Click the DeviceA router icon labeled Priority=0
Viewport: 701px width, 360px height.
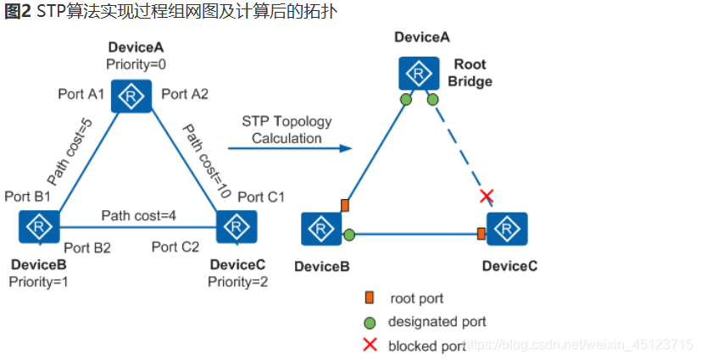point(131,96)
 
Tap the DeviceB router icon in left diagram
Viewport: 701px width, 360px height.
point(39,227)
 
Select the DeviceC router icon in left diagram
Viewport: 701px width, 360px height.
point(236,227)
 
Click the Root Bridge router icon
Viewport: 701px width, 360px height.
point(419,73)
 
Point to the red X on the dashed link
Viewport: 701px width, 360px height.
point(487,196)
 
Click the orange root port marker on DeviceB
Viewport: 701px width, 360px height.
point(345,206)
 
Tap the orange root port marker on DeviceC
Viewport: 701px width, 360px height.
point(481,233)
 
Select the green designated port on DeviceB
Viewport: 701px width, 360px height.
point(349,235)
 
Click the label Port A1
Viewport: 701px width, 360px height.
point(81,94)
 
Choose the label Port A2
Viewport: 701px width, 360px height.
point(185,94)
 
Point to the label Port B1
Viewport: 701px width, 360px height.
point(28,197)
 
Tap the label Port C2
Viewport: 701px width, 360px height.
point(175,247)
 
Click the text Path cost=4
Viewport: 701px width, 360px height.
point(139,216)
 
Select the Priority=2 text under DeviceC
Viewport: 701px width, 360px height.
point(238,282)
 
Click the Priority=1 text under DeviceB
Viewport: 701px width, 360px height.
point(38,282)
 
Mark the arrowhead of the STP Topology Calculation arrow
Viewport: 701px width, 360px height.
point(346,148)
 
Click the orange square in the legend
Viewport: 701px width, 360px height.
point(370,297)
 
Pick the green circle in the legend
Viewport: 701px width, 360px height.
point(370,323)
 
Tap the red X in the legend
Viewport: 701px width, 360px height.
point(370,345)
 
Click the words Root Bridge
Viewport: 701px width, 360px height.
point(470,73)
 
